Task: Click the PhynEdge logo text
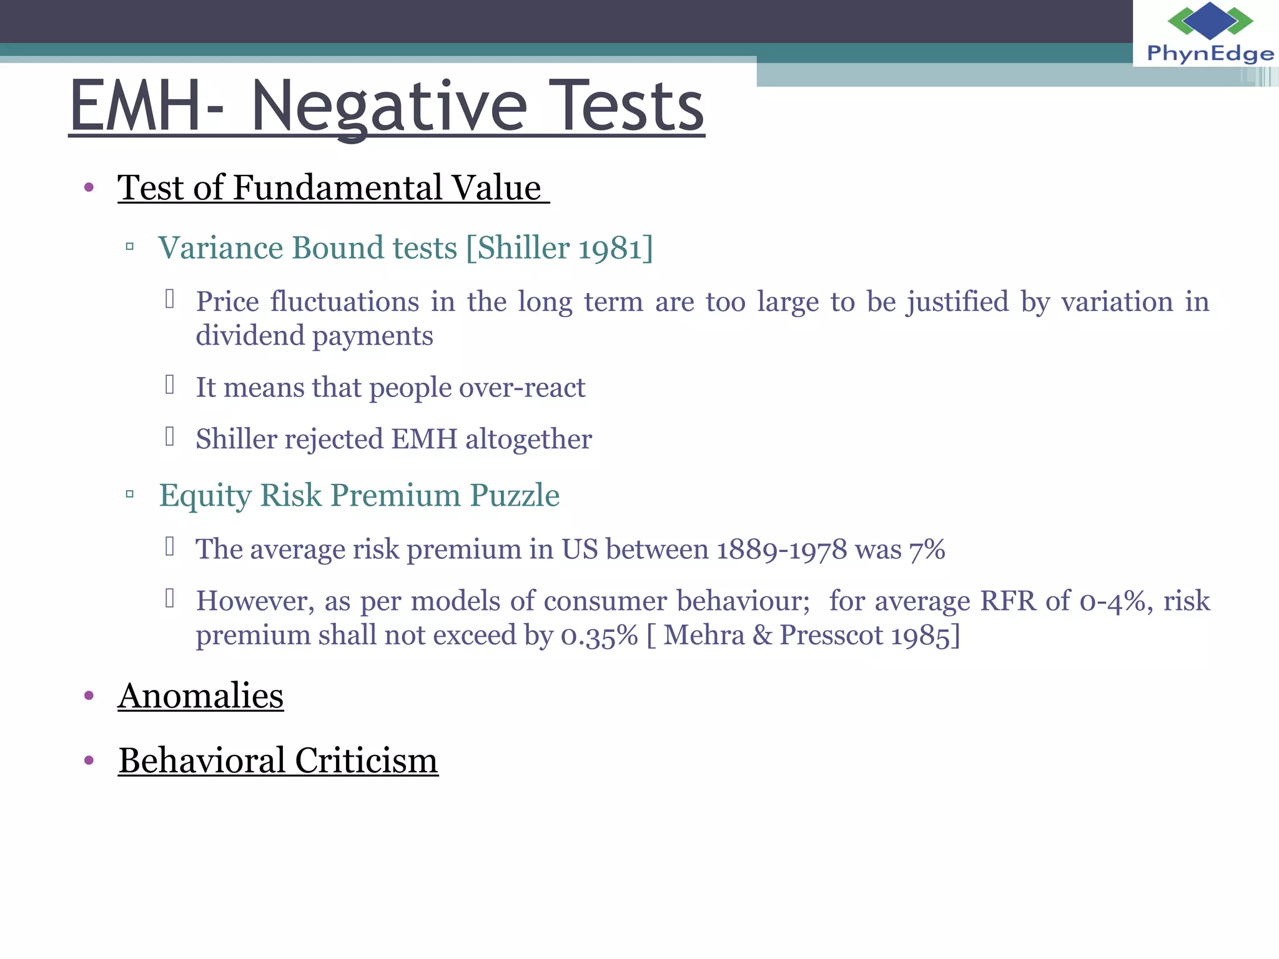pyautogui.click(x=1210, y=54)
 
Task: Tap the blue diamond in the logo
pyautogui.click(x=1210, y=20)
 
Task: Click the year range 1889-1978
pyautogui.click(x=781, y=550)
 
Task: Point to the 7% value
pyautogui.click(x=927, y=550)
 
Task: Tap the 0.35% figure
pyautogui.click(x=599, y=636)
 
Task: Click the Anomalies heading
pyautogui.click(x=200, y=696)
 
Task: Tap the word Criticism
pyautogui.click(x=366, y=761)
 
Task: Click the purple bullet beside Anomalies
pyautogui.click(x=89, y=696)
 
